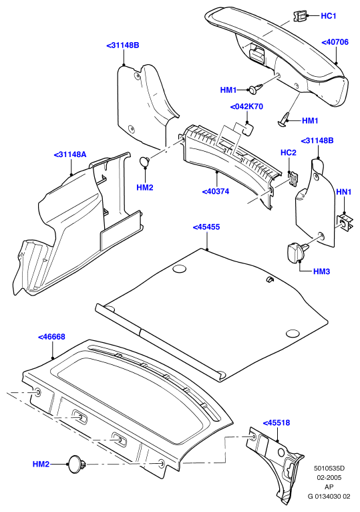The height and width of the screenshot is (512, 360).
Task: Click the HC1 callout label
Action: (x=329, y=16)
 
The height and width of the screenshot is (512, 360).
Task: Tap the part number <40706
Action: (x=335, y=42)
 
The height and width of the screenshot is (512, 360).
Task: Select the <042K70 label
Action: (x=246, y=107)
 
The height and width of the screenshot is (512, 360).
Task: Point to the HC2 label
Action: (x=289, y=153)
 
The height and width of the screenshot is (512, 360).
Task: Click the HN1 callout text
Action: (x=344, y=192)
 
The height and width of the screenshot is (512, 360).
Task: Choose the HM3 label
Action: (x=321, y=271)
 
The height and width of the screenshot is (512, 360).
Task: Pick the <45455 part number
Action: (x=206, y=227)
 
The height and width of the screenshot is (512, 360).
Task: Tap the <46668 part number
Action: (x=51, y=337)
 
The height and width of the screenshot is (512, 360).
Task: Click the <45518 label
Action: (x=277, y=423)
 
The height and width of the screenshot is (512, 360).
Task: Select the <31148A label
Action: (x=70, y=154)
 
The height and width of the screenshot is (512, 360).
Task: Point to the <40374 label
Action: (x=216, y=192)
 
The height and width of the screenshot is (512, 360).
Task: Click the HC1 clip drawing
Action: (x=301, y=16)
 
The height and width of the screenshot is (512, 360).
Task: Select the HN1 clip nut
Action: (x=345, y=222)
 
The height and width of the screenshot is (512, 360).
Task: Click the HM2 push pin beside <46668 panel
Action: (x=77, y=464)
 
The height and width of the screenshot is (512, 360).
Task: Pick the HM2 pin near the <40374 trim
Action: (x=144, y=161)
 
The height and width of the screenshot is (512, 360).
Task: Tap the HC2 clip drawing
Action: (x=293, y=179)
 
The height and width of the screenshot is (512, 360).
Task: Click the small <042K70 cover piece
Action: (x=246, y=128)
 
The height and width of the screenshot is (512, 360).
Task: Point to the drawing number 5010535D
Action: (x=329, y=469)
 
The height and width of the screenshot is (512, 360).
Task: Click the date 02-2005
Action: (x=329, y=478)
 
